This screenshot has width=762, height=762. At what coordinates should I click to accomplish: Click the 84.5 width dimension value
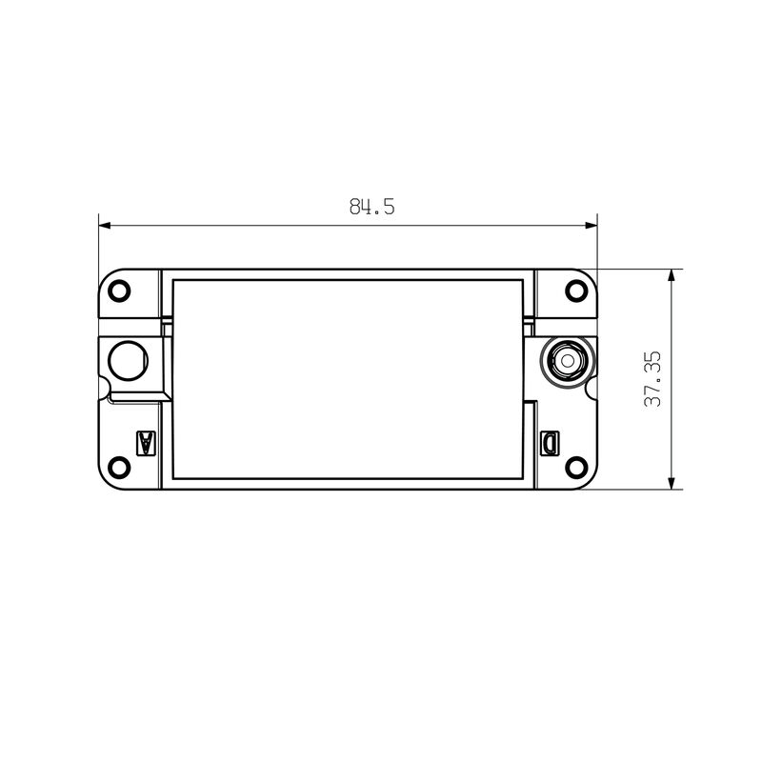[371, 207]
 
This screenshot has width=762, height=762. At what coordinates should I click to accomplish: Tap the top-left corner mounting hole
[119, 290]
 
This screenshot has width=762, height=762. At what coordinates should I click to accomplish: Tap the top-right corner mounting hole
[576, 290]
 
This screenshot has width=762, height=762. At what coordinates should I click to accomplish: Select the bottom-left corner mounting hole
[119, 467]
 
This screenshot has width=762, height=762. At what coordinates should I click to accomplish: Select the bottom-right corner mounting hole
[576, 467]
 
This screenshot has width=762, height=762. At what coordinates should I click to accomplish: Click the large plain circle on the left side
[128, 360]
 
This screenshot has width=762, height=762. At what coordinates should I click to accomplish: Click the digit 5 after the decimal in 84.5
[389, 207]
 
